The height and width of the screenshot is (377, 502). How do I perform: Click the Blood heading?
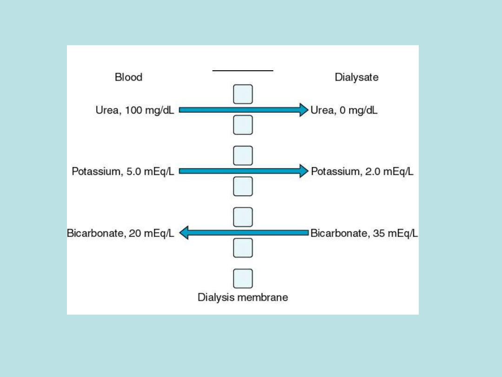tap(128, 77)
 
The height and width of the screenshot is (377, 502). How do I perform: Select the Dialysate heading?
tap(357, 77)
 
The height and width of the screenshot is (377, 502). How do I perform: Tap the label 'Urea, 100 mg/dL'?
tap(135, 111)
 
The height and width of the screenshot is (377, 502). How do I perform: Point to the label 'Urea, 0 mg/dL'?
tap(344, 111)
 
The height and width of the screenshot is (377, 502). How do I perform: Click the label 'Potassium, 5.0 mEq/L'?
tap(123, 172)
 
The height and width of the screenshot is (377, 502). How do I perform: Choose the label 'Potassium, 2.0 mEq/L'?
tap(362, 172)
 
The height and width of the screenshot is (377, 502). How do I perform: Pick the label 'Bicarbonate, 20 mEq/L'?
tap(120, 233)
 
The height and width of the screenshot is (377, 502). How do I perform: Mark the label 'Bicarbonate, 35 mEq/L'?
tap(364, 233)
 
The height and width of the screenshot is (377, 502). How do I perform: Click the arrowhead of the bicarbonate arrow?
tap(184, 233)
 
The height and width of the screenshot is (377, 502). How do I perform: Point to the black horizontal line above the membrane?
tap(243, 71)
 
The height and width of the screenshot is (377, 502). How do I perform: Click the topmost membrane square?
tap(243, 94)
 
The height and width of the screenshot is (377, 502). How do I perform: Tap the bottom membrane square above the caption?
tap(243, 278)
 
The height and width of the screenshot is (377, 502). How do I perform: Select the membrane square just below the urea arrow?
tap(243, 125)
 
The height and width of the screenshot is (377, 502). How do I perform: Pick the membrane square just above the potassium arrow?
tap(243, 155)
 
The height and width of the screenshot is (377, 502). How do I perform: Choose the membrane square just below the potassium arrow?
tap(243, 186)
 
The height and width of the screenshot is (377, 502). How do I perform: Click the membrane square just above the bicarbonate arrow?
tap(243, 217)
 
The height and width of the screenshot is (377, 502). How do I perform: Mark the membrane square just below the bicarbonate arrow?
tap(243, 248)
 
